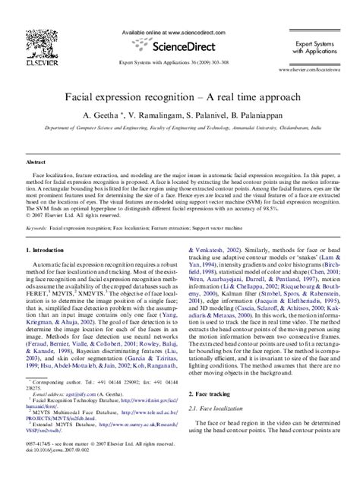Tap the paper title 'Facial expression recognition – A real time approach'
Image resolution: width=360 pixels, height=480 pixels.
pos(181,98)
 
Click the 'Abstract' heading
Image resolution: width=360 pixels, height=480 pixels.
pos(36,163)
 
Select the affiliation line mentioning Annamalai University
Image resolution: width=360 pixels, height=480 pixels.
pos(179,130)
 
